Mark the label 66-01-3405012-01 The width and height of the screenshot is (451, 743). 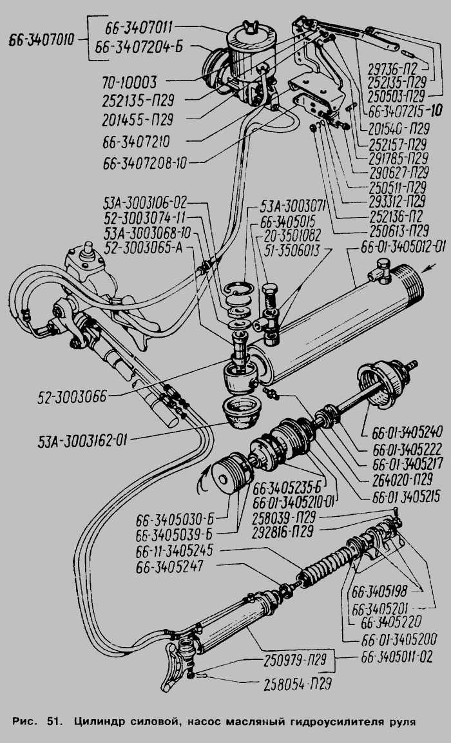click(403, 247)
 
